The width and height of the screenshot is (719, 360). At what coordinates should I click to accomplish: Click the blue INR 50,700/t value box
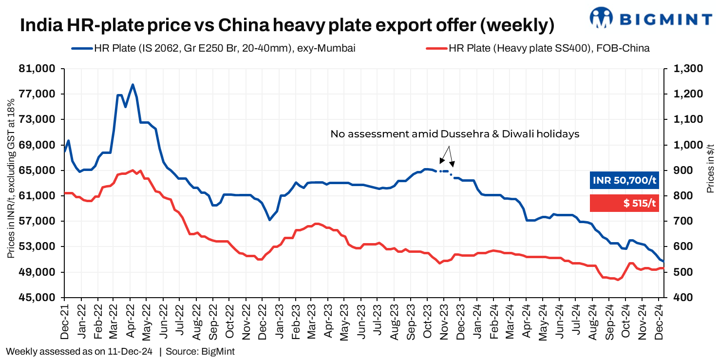[624, 181]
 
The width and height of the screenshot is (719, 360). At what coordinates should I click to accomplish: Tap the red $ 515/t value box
[624, 203]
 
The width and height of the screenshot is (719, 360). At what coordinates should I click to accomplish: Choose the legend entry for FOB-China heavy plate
[538, 48]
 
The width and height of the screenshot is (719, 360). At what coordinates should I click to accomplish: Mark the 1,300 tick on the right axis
[687, 69]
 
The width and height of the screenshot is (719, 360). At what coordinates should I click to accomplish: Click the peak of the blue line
[132, 84]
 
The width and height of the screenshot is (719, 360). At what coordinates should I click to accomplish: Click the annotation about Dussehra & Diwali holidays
[454, 133]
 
